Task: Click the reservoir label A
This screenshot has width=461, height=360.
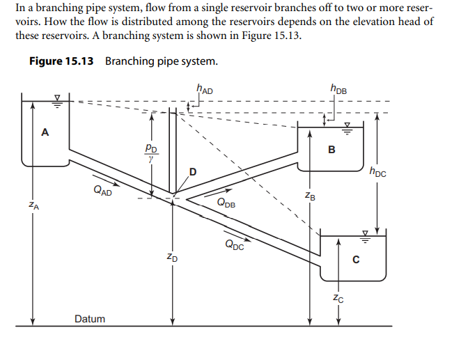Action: pos(45,132)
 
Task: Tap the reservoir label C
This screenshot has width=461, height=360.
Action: pos(355,260)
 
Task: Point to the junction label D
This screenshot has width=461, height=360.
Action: pos(193,171)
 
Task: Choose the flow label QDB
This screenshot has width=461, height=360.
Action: pos(226,203)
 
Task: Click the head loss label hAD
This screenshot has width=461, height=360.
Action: pos(205,88)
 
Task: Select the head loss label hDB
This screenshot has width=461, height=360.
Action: pos(340,88)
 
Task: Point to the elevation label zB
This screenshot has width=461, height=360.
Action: pos(311,197)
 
